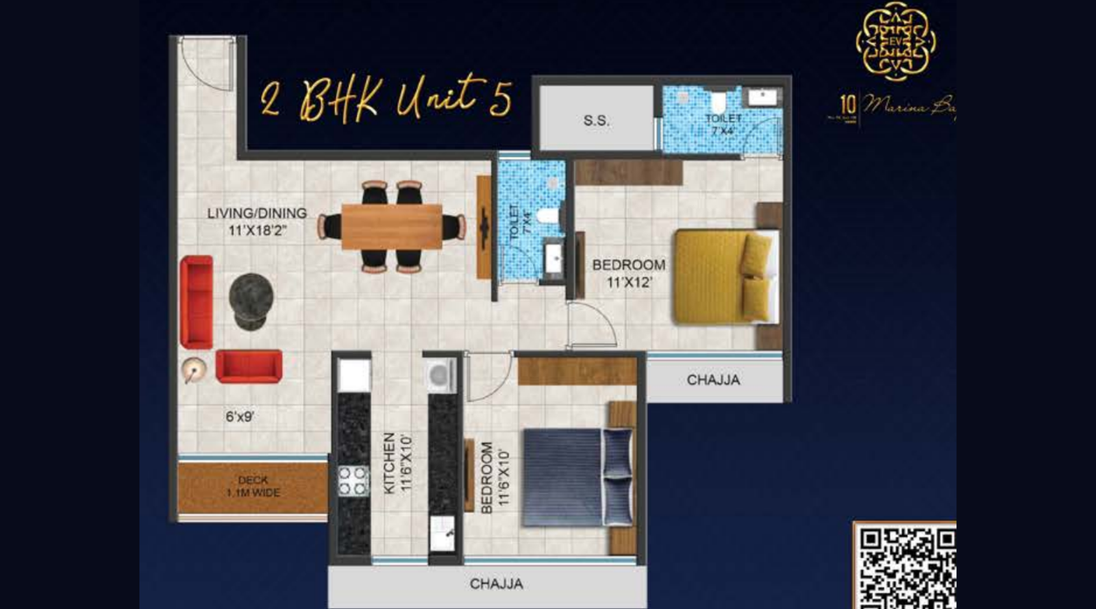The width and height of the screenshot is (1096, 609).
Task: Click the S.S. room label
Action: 596,121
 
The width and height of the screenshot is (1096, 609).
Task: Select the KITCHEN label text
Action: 389,462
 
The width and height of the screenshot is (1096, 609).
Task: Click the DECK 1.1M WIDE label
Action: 253,486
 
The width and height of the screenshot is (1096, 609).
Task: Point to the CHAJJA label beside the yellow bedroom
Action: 713,380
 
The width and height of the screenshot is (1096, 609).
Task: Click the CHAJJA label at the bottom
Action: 496,584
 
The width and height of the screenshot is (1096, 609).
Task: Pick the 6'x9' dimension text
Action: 240,416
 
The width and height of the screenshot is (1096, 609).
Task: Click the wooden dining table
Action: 391,226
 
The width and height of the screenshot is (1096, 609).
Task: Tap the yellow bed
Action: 723,276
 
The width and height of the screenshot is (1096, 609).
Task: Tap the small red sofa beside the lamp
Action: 249,366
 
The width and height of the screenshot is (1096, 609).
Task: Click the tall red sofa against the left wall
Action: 197,301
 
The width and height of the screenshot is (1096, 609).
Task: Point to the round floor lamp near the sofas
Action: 193,370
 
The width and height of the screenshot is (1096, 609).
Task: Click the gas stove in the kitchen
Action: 353,480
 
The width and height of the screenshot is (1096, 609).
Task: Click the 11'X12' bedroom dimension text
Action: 629,282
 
